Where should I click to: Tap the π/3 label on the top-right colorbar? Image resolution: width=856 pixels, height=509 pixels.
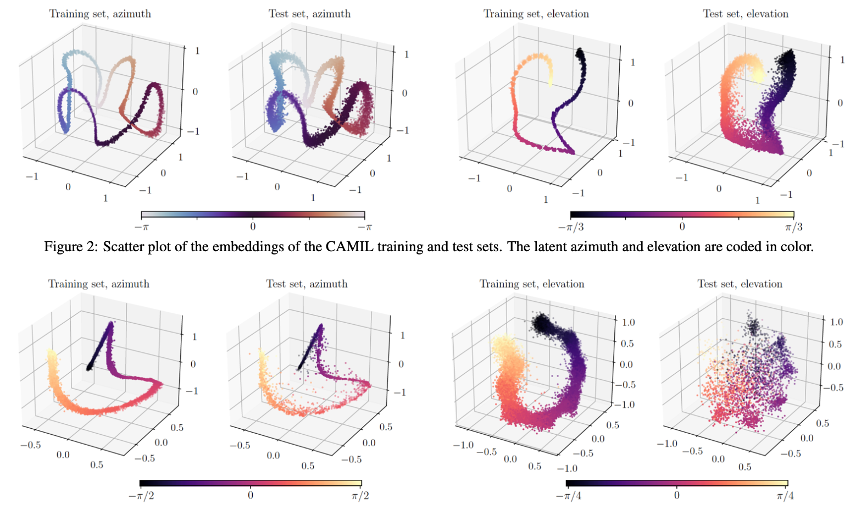[x=793, y=227]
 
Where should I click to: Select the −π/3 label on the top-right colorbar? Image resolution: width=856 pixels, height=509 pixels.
[x=570, y=227]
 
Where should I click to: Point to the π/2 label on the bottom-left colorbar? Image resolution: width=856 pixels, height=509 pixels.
[x=360, y=496]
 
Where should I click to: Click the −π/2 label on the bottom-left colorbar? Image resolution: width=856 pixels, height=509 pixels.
[x=141, y=496]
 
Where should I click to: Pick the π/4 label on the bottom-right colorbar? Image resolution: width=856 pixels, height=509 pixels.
[x=785, y=496]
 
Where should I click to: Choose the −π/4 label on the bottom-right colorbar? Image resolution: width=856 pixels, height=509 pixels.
[x=568, y=496]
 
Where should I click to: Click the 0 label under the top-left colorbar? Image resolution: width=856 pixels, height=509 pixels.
[x=253, y=226]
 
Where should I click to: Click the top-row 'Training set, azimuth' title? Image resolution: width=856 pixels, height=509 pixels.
[x=100, y=14]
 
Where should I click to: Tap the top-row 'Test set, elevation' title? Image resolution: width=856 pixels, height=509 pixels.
[x=745, y=14]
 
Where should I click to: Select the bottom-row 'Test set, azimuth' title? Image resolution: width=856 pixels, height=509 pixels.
[x=307, y=284]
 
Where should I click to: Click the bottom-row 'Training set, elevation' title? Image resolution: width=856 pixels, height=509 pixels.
[x=531, y=284]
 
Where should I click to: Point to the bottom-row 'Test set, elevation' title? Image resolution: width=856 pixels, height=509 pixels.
[x=740, y=284]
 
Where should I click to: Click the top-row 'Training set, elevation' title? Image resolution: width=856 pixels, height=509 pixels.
[x=536, y=14]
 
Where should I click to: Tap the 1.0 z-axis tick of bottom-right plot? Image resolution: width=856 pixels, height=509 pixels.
[x=836, y=322]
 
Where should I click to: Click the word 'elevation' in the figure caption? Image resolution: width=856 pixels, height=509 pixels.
[x=669, y=247]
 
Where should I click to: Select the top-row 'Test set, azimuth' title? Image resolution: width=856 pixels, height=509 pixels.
[x=309, y=14]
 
